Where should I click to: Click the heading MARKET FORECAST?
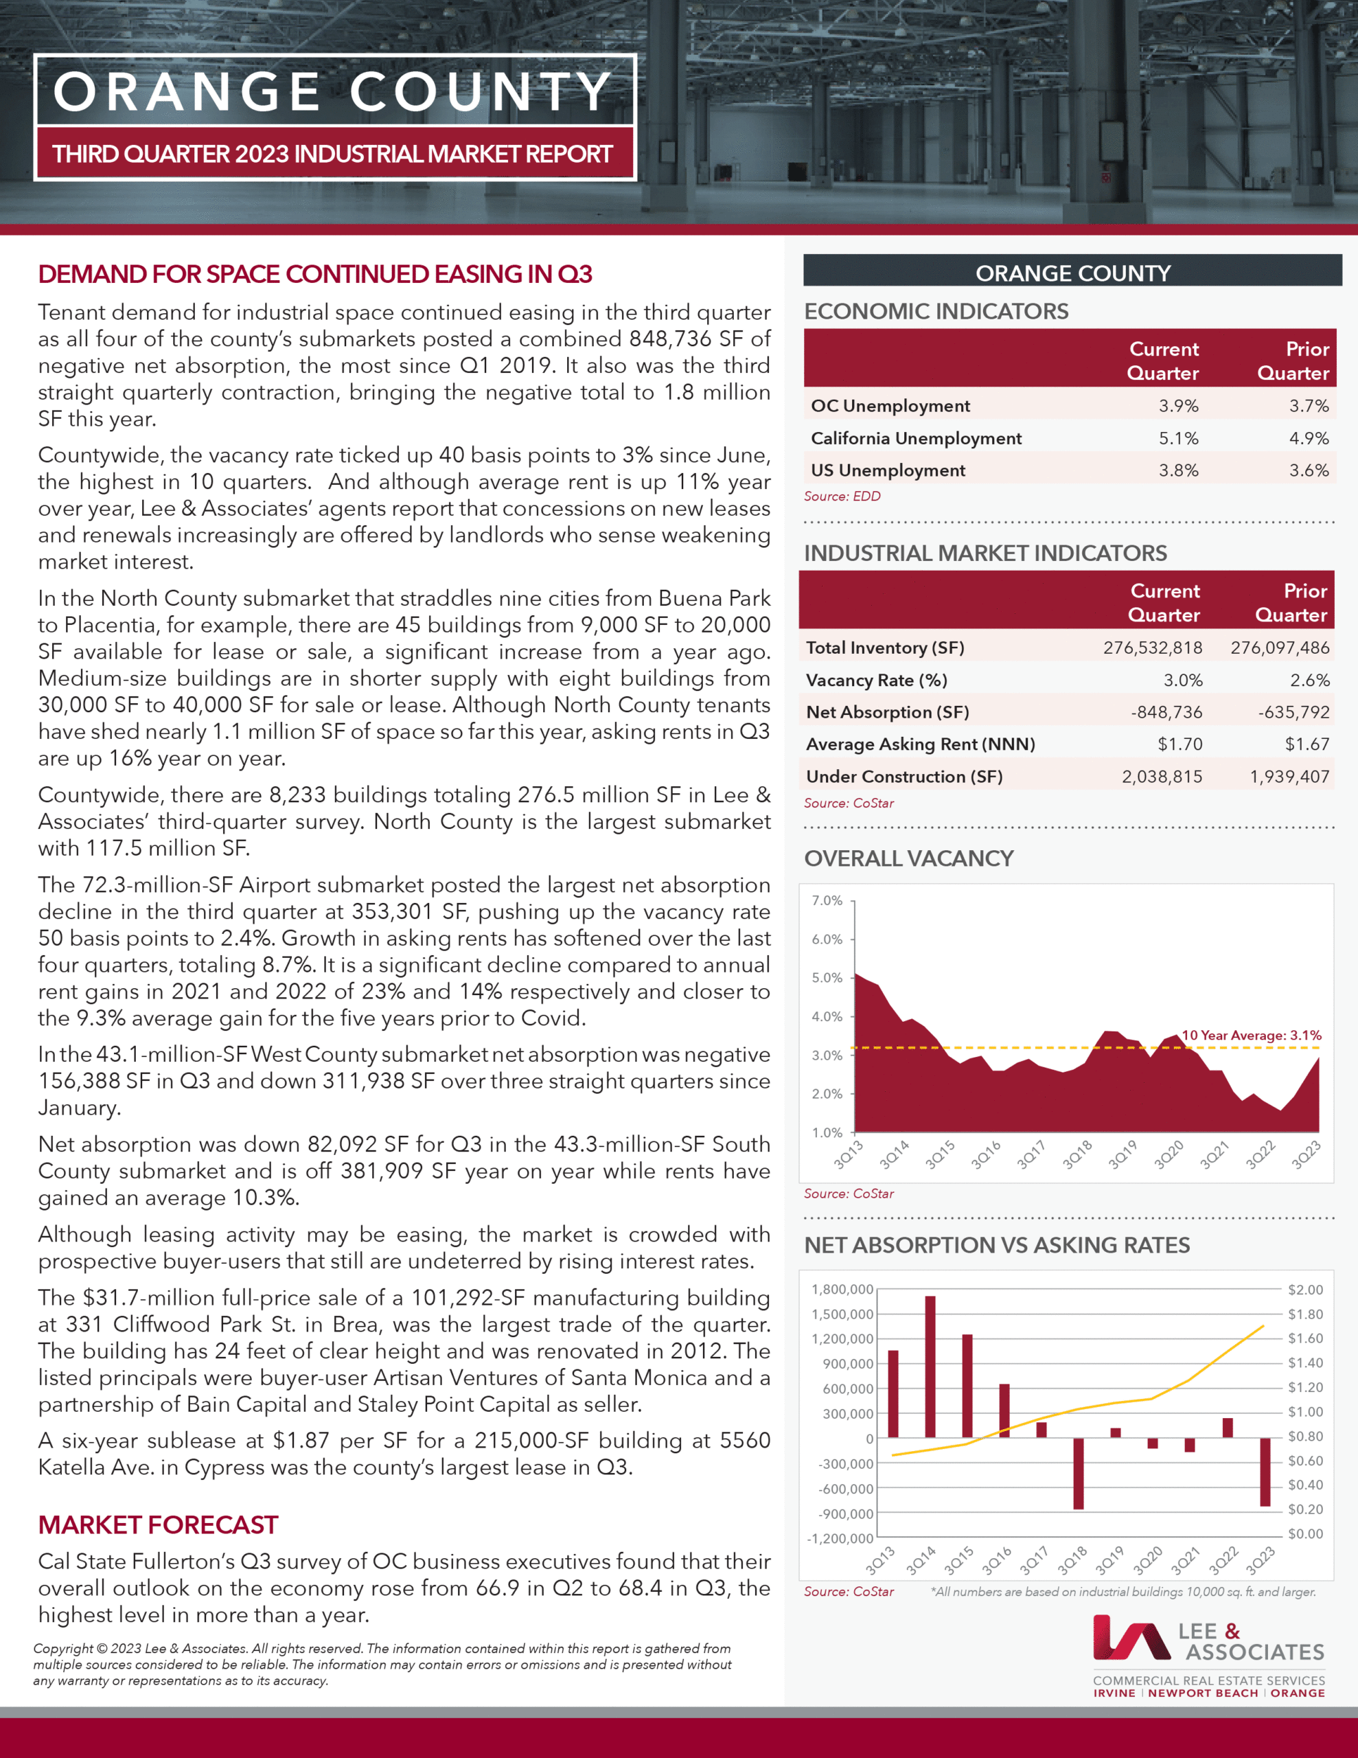tap(158, 1525)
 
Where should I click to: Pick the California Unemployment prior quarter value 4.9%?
tap(1309, 438)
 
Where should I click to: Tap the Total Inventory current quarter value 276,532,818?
tap(1152, 648)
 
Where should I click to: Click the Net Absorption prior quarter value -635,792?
tap(1293, 712)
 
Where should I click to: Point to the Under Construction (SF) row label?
tap(904, 777)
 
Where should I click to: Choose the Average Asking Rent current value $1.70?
tap(1179, 744)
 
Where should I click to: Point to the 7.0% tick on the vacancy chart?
tap(827, 901)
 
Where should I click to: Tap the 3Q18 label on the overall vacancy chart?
tap(1077, 1155)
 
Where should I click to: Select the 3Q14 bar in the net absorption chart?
tap(930, 1366)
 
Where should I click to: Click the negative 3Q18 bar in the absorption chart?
tap(1078, 1473)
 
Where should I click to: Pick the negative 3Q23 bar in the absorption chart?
tap(1265, 1472)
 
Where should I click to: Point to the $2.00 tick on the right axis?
tap(1305, 1290)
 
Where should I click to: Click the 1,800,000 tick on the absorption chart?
tap(842, 1290)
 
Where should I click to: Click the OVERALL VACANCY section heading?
tap(908, 858)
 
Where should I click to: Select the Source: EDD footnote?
tap(841, 496)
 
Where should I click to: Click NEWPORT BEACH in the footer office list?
tap(1203, 1693)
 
